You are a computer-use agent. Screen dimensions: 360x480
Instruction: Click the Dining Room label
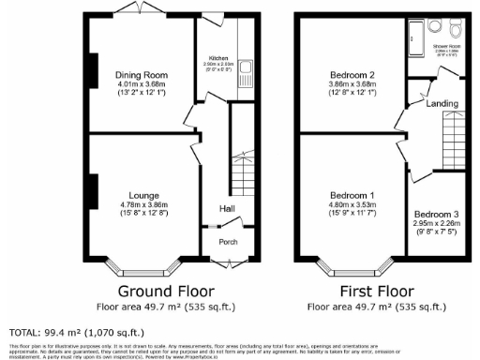[141, 74]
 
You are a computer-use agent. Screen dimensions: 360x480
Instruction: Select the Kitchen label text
[217, 58]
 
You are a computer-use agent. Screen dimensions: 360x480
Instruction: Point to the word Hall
[227, 208]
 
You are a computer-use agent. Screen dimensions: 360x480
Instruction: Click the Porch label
[228, 241]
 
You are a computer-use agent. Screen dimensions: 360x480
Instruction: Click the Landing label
[443, 103]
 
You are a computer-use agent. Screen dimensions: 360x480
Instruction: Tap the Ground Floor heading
[166, 291]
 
